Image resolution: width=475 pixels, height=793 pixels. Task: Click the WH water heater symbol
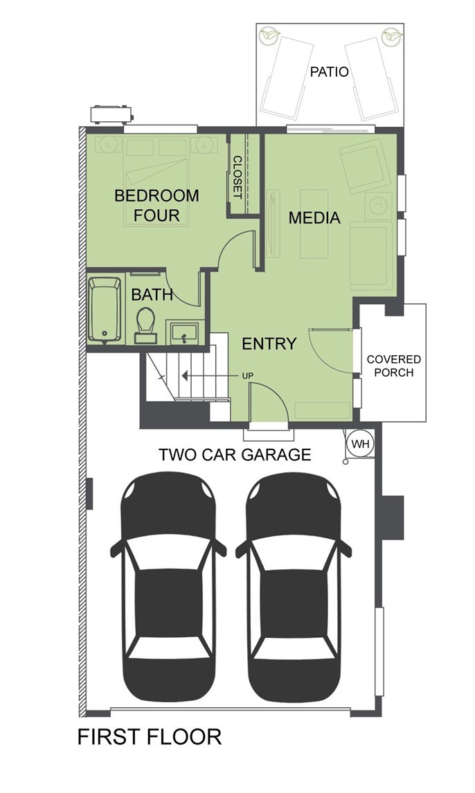coord(361,444)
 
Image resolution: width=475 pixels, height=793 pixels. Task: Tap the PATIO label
coord(330,72)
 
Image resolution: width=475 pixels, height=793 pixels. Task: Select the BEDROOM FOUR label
coord(156,205)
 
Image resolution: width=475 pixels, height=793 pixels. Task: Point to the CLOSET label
coord(238,177)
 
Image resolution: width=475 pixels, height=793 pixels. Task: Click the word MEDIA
coord(314,218)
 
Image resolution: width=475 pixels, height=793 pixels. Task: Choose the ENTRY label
coord(269,344)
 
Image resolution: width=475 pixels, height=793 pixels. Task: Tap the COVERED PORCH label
coord(393,366)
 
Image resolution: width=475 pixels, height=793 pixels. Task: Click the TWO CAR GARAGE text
coord(235,454)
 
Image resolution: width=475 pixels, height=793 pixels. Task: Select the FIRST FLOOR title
coord(150,737)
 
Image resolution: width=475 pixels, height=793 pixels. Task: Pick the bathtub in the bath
coord(105,310)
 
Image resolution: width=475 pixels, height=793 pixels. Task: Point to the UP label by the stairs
coord(247,376)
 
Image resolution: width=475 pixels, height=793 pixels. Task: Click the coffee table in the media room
coord(314,224)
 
